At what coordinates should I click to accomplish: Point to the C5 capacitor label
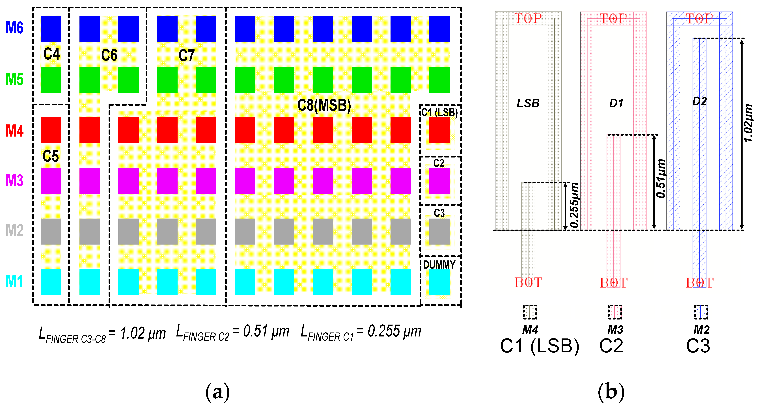51,156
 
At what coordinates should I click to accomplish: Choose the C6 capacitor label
109,55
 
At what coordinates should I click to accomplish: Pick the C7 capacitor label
187,55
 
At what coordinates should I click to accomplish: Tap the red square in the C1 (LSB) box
439,130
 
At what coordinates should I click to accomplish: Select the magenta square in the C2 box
439,181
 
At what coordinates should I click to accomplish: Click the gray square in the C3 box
439,231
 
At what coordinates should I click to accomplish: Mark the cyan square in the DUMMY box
439,282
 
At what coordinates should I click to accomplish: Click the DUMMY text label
439,265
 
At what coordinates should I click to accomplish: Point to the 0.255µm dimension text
574,205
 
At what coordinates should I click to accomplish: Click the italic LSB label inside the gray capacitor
528,103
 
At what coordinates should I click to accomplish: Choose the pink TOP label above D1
613,19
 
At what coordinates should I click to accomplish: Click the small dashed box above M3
615,312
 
